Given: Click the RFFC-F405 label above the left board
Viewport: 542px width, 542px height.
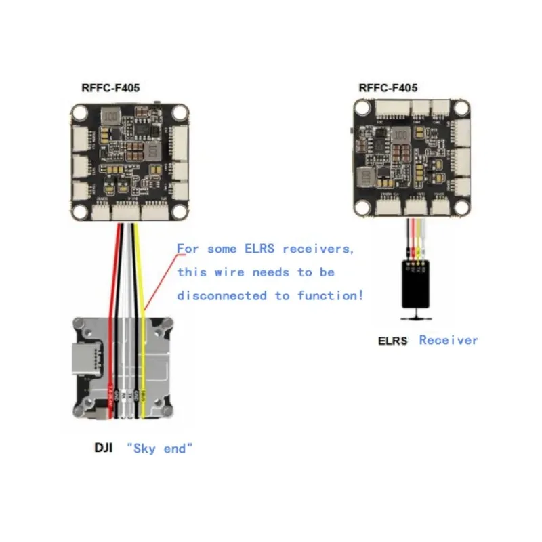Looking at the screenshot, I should click(110, 87).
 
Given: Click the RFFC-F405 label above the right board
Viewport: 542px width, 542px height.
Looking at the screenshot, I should click(388, 87).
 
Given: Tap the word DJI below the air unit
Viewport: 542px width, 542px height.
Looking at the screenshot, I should click(104, 448).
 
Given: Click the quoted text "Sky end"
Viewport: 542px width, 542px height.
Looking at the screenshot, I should click(160, 448).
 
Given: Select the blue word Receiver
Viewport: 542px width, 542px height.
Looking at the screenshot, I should click(449, 340).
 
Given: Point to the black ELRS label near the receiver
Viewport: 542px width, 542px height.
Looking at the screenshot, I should click(393, 341).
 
